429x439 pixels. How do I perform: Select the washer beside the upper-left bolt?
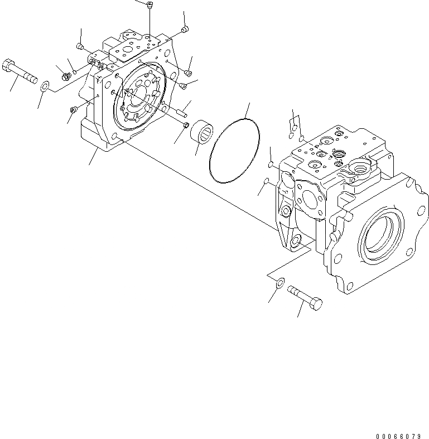(x=45, y=85)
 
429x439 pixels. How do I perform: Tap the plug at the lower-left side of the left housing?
(x=73, y=110)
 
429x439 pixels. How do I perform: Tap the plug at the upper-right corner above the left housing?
(x=185, y=30)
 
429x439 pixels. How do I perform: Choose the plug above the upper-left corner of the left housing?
(x=80, y=46)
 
